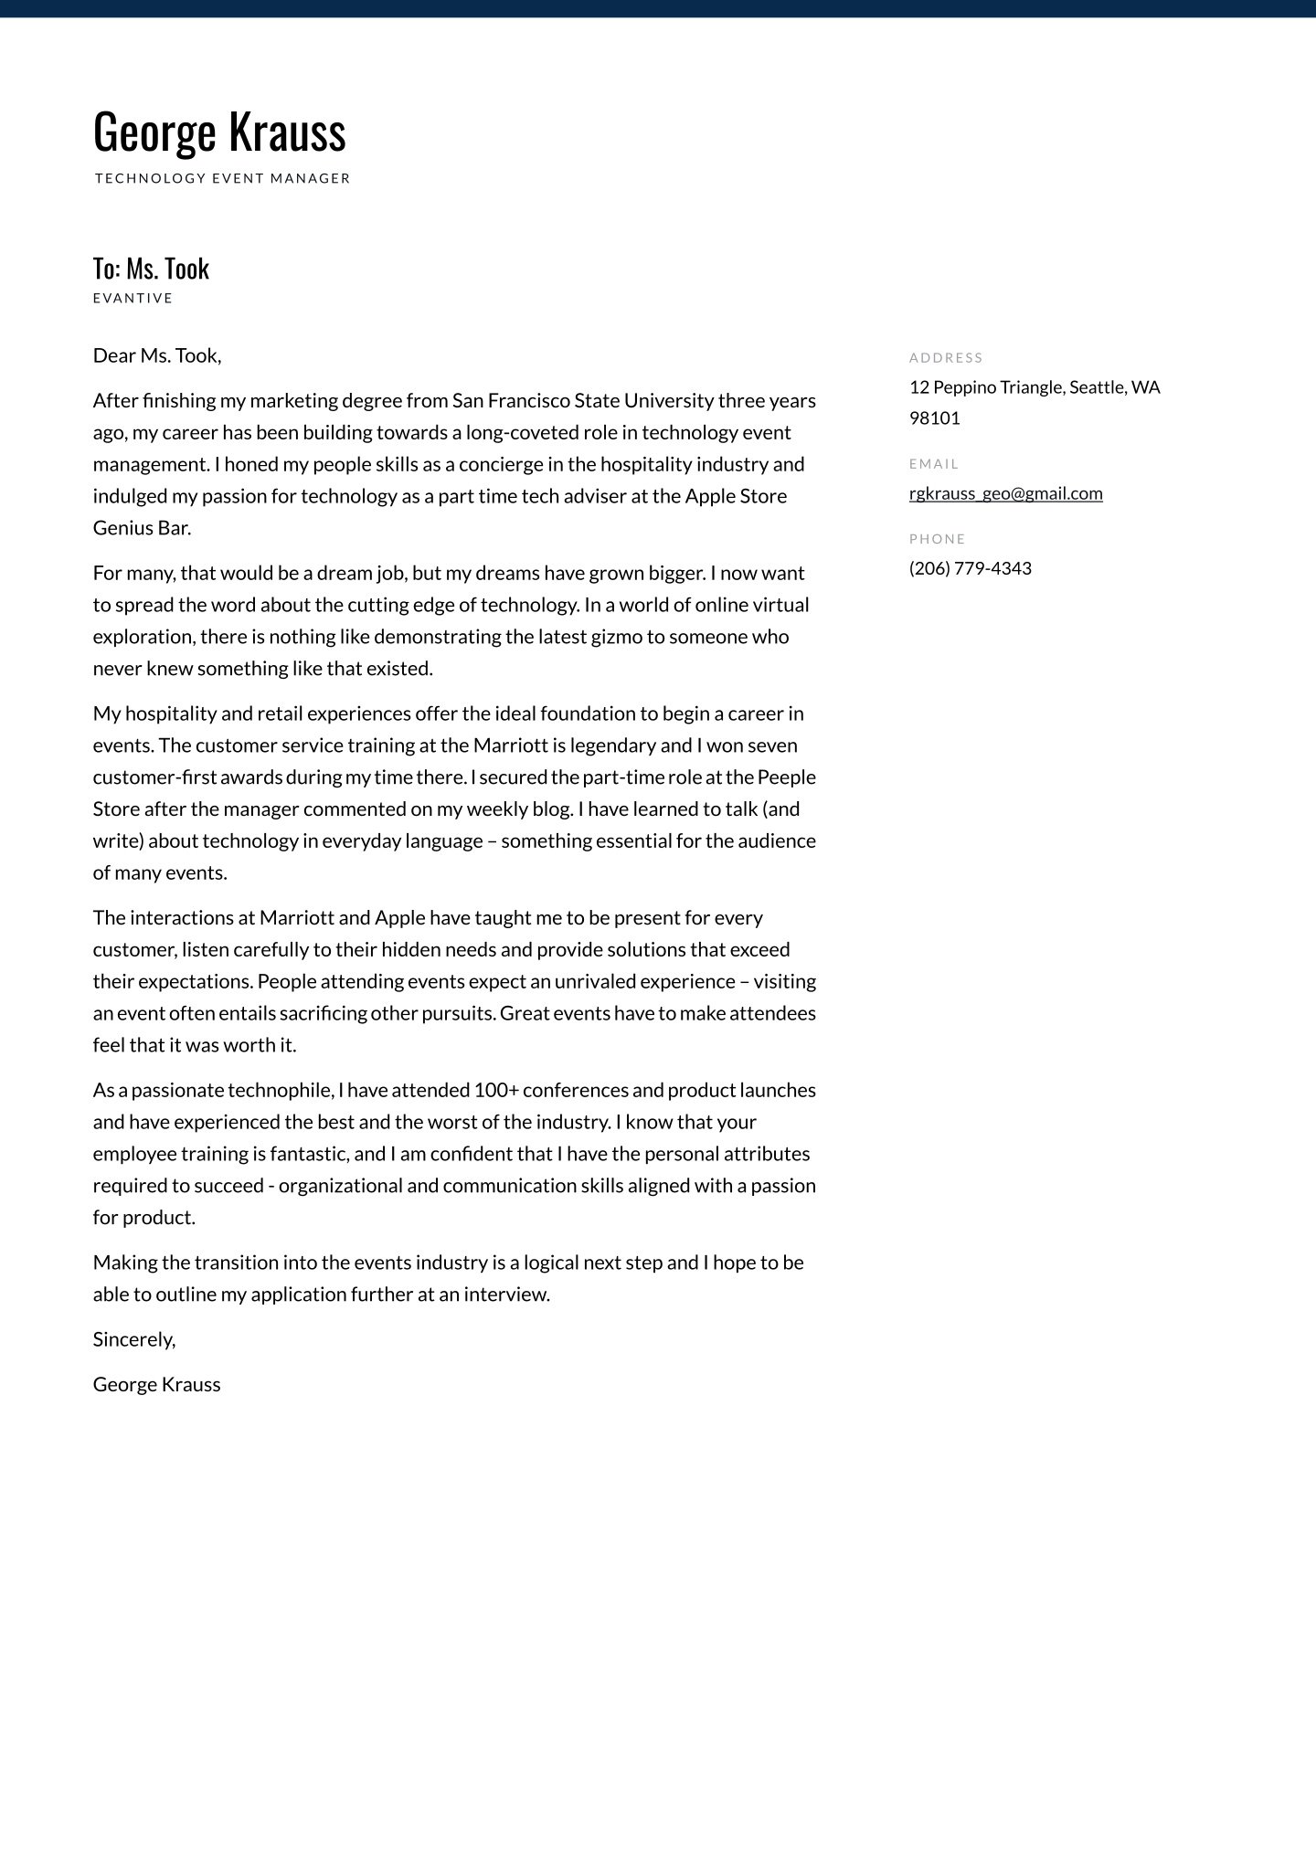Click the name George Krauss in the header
(x=219, y=132)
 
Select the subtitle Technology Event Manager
(x=222, y=178)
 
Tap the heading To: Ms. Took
(x=151, y=269)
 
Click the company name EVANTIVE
(x=133, y=298)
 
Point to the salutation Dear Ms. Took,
(x=157, y=355)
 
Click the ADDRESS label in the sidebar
(x=946, y=357)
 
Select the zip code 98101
(x=934, y=418)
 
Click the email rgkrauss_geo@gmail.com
(x=1005, y=493)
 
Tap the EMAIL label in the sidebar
(x=933, y=464)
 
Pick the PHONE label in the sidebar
(x=937, y=539)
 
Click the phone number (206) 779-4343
(x=970, y=568)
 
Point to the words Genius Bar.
(x=142, y=528)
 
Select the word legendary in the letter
(x=611, y=745)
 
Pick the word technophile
(x=280, y=1090)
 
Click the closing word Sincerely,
(x=134, y=1339)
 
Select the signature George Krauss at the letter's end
(x=156, y=1384)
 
